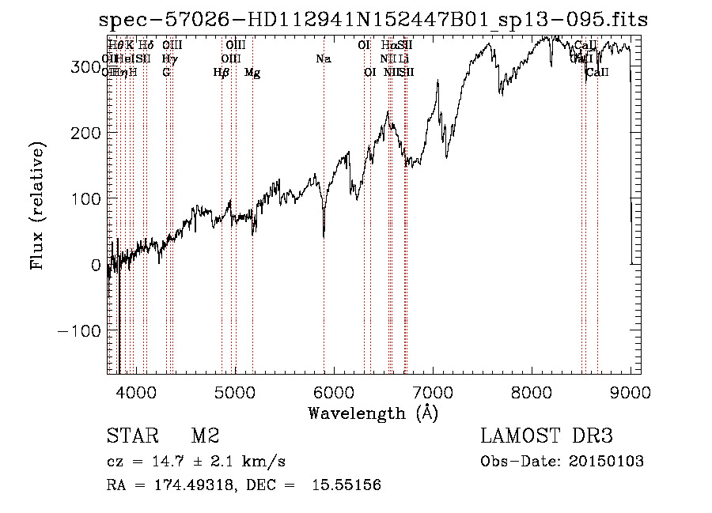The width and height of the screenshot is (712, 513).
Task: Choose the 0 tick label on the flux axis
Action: (95, 265)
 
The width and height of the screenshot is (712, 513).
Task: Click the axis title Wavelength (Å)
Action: (373, 413)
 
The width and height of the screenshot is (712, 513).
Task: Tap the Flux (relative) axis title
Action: (38, 206)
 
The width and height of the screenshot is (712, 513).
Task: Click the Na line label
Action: (323, 58)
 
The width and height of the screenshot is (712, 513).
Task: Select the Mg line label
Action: (252, 73)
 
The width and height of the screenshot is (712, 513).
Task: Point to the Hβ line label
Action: (222, 73)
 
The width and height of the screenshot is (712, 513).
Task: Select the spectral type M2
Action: (205, 436)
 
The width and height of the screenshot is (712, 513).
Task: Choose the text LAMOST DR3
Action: (547, 436)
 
